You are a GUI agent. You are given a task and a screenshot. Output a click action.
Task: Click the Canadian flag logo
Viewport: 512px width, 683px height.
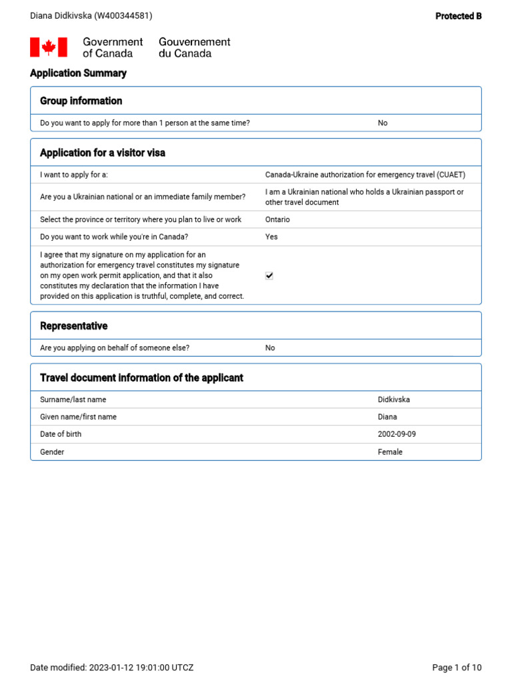click(x=49, y=47)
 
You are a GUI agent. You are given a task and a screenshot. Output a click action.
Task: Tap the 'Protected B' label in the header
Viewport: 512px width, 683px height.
click(x=458, y=16)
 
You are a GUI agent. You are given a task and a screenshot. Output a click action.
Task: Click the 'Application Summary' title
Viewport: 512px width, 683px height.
click(x=78, y=73)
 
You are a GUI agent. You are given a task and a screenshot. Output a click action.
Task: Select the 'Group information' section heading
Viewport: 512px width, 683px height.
click(x=81, y=101)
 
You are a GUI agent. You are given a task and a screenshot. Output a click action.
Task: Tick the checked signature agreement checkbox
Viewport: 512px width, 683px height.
click(x=269, y=275)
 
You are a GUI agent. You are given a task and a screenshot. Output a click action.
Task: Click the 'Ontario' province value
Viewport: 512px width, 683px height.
click(x=277, y=219)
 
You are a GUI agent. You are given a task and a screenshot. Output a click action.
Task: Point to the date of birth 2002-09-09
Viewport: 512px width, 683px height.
click(x=397, y=434)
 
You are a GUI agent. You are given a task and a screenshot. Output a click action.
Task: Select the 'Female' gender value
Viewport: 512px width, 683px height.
click(x=390, y=452)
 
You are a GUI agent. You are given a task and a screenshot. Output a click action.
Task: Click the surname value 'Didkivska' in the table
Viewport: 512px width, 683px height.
click(x=394, y=400)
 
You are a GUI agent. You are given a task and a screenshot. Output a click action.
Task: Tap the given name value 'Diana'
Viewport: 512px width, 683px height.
click(x=387, y=417)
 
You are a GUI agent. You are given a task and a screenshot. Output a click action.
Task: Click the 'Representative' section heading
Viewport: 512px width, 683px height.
click(x=73, y=326)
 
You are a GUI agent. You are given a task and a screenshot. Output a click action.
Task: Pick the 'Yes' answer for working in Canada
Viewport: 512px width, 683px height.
click(x=271, y=237)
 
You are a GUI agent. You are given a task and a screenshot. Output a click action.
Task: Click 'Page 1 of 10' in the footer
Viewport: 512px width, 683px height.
click(x=457, y=668)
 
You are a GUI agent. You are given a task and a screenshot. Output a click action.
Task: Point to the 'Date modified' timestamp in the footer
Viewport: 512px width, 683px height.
click(x=112, y=668)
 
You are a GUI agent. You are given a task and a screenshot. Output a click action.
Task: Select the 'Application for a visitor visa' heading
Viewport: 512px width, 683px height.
click(x=103, y=153)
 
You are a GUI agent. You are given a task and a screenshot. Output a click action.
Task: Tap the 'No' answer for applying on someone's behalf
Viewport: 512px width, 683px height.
click(x=270, y=348)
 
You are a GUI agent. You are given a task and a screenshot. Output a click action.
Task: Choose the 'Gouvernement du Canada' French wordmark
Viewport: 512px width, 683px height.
click(x=194, y=47)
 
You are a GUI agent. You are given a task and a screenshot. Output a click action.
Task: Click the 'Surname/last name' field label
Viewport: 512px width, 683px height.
click(x=73, y=400)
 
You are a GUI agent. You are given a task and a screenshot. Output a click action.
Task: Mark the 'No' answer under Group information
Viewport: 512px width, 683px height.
click(x=383, y=123)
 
